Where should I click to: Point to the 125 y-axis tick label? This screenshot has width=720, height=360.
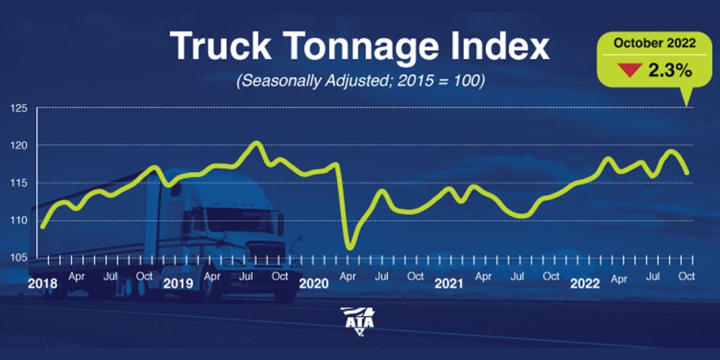tap(20, 107)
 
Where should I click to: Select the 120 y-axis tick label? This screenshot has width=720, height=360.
tap(20, 145)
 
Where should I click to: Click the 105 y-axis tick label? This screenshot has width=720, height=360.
tap(20, 257)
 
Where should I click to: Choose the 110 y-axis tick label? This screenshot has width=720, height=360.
tap(20, 220)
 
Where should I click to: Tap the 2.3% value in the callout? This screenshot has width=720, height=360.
tap(668, 70)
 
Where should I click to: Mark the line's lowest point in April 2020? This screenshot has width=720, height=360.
tap(349, 248)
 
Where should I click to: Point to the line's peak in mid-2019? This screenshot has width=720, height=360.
tap(256, 142)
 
